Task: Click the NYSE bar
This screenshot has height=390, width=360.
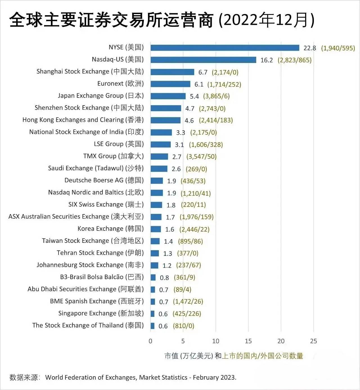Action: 225,48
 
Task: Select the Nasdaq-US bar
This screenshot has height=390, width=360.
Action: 203,60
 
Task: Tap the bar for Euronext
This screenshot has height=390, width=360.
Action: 170,84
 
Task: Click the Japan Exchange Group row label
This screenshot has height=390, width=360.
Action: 101,96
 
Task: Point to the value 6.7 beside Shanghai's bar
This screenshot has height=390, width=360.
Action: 203,72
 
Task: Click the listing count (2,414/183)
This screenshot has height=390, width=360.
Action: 216,120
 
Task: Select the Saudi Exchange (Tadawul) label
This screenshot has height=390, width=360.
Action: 96,168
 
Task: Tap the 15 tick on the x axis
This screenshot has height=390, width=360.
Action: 248,341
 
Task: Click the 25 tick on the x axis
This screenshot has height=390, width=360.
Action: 313,341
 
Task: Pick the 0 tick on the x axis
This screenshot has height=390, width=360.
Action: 150,341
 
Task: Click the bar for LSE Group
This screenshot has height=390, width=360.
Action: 161,145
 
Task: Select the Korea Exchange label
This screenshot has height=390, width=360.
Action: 111,229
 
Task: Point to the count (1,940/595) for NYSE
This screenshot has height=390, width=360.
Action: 338,48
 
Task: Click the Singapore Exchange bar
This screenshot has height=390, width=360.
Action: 152,314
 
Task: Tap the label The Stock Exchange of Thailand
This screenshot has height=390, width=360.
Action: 88,326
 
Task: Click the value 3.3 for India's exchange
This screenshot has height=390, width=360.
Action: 181,133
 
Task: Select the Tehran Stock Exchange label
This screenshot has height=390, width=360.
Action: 100,253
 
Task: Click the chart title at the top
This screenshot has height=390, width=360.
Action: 162,20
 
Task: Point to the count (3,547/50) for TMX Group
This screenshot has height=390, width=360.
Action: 201,157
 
